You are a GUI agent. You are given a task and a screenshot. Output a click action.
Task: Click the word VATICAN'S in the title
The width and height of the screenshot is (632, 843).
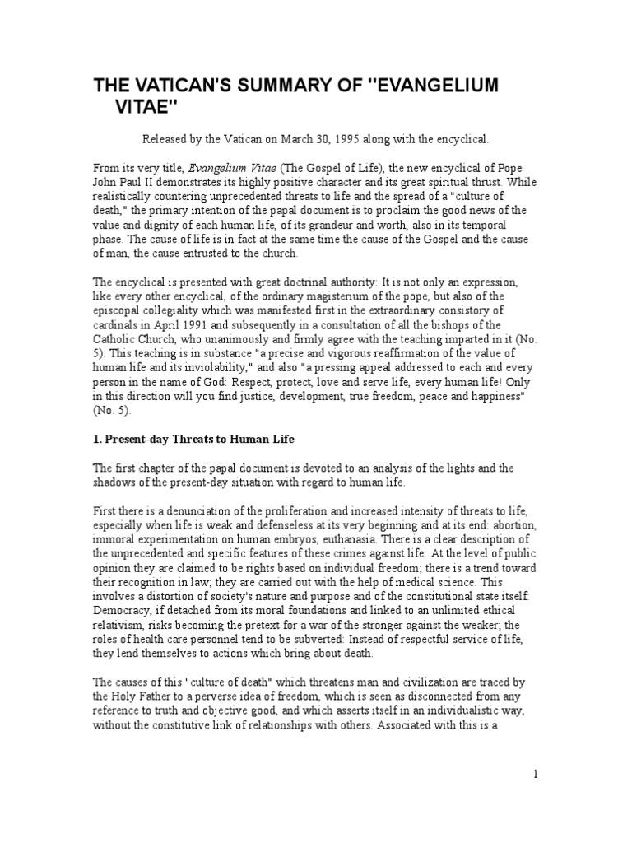176,87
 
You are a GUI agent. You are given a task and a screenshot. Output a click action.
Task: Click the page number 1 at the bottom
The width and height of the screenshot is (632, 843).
536,775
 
